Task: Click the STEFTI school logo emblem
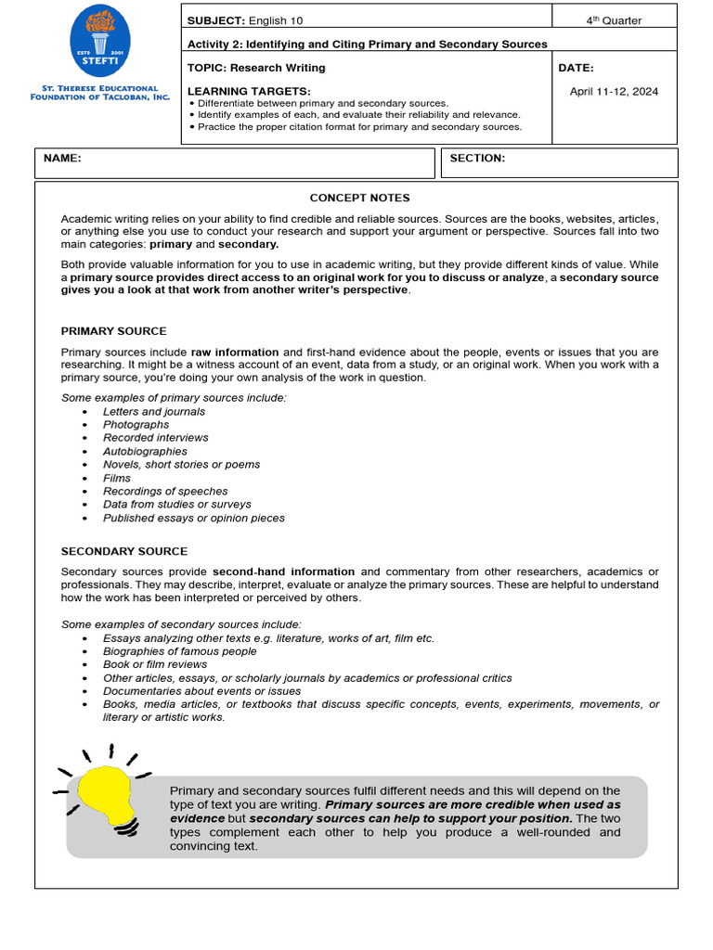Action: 99,42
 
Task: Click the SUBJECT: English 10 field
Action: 244,19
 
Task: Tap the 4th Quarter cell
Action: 614,19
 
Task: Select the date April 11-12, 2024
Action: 614,91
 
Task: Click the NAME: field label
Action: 62,159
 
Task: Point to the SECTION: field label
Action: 477,159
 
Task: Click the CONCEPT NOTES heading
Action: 359,198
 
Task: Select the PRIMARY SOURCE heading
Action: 113,331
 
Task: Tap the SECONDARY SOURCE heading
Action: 123,551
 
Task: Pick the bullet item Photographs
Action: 136,425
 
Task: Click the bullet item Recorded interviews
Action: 155,438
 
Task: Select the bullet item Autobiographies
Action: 145,452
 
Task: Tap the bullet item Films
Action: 117,479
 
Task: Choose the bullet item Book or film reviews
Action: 155,664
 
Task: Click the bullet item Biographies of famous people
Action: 179,651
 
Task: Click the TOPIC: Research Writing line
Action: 256,68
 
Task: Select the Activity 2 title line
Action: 367,44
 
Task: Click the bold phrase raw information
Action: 235,353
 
